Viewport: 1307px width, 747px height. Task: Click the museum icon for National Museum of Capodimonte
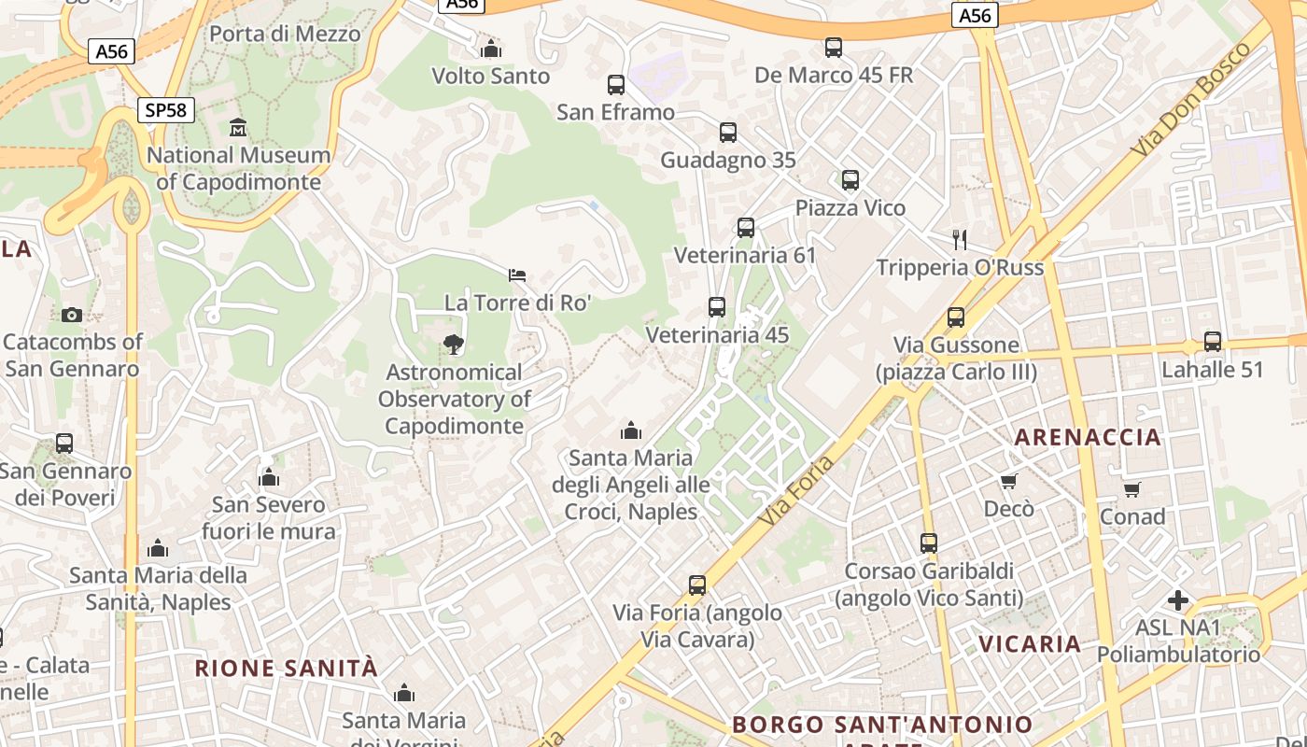[x=238, y=127]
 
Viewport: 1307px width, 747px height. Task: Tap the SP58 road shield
[x=166, y=110]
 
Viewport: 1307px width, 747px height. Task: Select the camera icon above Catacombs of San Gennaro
[x=71, y=315]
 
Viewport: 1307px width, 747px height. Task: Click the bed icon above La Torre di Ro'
[x=517, y=275]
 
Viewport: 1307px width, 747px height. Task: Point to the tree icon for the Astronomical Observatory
[x=454, y=345]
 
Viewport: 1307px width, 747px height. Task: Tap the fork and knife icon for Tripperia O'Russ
[x=959, y=240]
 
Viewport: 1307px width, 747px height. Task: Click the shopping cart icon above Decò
[x=1008, y=481]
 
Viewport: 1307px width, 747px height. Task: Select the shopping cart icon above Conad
[x=1132, y=489]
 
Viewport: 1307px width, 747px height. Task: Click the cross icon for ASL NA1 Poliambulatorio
[x=1178, y=600]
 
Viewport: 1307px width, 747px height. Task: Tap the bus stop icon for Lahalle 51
[x=1212, y=342]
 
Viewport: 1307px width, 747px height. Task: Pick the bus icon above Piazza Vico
[x=850, y=180]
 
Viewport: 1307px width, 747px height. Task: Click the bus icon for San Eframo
[x=616, y=85]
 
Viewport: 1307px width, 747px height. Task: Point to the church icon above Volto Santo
[x=491, y=49]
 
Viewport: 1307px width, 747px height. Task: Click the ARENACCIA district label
[x=1088, y=437]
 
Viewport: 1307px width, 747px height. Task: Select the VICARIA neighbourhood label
[x=1030, y=643]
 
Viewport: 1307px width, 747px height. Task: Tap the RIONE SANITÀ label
[x=287, y=669]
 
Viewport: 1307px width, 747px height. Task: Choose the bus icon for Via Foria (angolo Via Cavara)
[x=697, y=585]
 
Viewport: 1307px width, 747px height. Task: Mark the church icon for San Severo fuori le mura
[x=269, y=478]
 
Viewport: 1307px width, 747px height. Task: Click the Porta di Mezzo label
[x=285, y=35]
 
